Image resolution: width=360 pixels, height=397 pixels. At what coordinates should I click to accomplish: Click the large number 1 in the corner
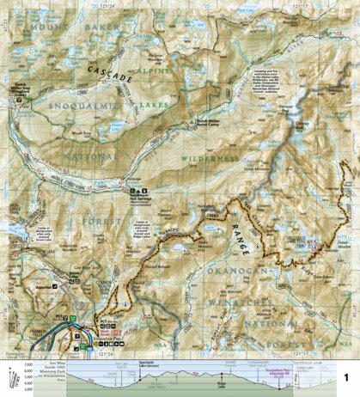click(346, 378)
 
